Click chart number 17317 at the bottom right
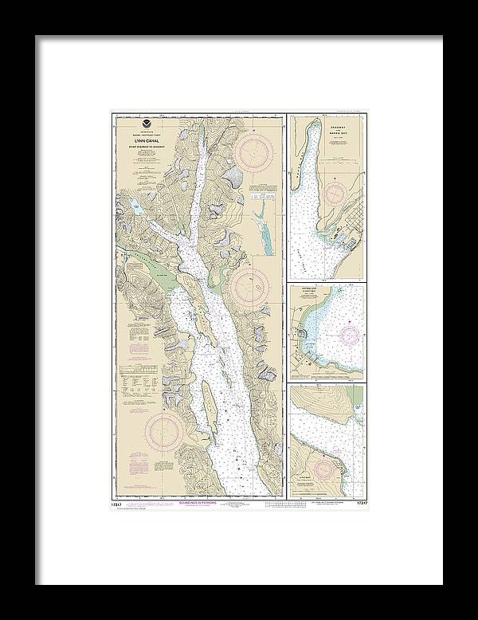(x=358, y=503)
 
